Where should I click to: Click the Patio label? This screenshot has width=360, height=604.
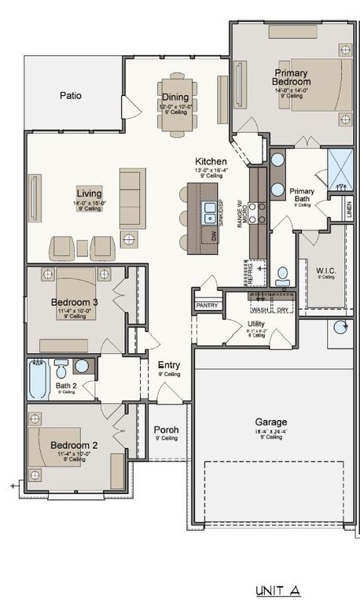click(71, 96)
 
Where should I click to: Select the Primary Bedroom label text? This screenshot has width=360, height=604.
click(291, 77)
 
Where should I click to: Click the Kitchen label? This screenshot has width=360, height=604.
click(211, 161)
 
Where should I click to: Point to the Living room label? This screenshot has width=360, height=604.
click(89, 193)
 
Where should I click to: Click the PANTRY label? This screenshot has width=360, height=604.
click(208, 305)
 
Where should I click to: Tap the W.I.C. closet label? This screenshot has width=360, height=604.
click(326, 272)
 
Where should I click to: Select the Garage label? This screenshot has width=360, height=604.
click(270, 422)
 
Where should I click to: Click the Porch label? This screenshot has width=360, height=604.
click(166, 430)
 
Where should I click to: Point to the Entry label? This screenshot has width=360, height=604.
click(169, 365)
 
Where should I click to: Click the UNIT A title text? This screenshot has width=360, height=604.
click(277, 589)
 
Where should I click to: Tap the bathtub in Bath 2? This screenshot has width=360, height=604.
click(39, 379)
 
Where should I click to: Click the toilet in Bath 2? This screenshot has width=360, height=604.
click(61, 367)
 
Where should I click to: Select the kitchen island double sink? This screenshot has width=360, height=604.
click(210, 211)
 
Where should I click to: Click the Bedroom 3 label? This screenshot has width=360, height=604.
click(75, 302)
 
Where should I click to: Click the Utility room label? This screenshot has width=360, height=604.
click(255, 323)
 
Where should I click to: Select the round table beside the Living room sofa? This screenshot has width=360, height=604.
click(129, 241)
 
